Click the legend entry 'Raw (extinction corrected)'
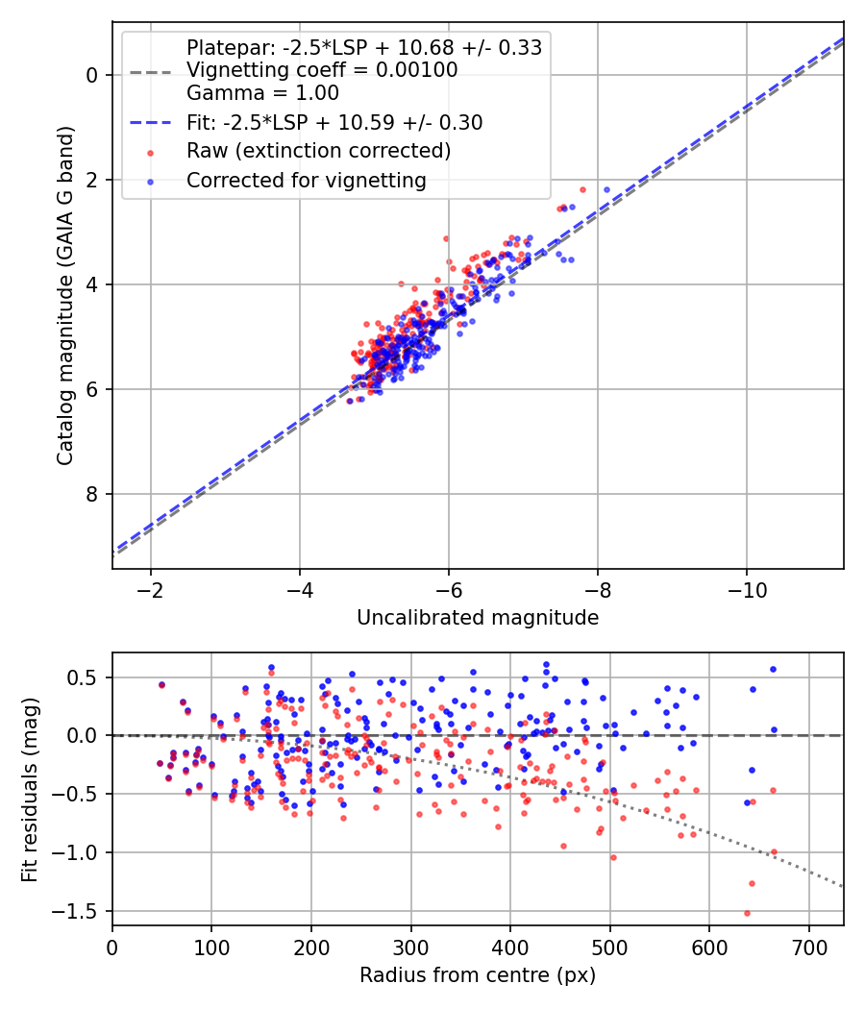[318, 151]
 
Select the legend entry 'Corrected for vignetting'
[306, 180]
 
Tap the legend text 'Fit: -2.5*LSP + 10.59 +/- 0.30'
[334, 122]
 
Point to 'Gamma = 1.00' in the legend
[262, 93]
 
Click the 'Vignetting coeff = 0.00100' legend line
[322, 70]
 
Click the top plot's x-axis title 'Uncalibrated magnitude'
[478, 618]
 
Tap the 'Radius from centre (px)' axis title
[478, 975]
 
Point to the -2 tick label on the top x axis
[150, 588]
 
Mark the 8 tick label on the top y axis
[91, 494]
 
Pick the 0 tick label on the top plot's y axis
[91, 75]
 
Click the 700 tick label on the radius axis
[808, 946]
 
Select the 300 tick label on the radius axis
[410, 946]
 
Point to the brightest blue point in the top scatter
[606, 189]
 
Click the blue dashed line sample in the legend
[150, 122]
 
